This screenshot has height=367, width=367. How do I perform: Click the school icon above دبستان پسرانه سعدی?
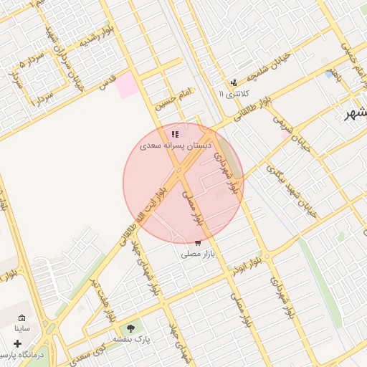tap(175, 134)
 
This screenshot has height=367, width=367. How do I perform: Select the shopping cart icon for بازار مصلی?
tap(198, 243)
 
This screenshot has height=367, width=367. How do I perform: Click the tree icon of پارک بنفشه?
tap(130, 328)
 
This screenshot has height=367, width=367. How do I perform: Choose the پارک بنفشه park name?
tap(131, 338)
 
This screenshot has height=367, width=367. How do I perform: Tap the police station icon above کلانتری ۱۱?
tap(233, 82)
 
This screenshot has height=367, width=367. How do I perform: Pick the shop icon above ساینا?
tap(22, 318)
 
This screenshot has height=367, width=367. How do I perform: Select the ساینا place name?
tap(22, 329)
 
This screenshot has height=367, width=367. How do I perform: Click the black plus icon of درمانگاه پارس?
tap(18, 343)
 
